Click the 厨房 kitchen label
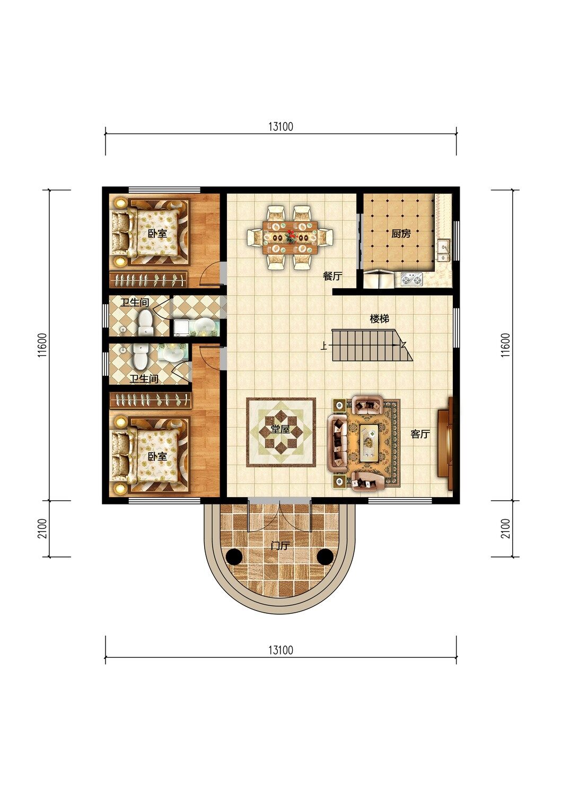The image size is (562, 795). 401,234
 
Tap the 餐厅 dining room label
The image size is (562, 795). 332,276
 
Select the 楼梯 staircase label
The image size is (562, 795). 380,319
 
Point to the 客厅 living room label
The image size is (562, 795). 420,434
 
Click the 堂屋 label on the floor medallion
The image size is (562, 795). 280,429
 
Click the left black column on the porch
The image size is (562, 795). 234,556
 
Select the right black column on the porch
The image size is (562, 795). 325,556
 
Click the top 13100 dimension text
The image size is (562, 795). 280,127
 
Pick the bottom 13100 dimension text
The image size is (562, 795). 280,650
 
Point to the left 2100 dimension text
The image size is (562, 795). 42,528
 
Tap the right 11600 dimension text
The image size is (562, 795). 506,345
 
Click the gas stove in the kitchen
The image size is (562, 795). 412,279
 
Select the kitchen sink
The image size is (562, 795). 443,250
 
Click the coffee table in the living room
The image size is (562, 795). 369,443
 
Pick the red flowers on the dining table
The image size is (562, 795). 291,236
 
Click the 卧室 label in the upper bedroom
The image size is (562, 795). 157,234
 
